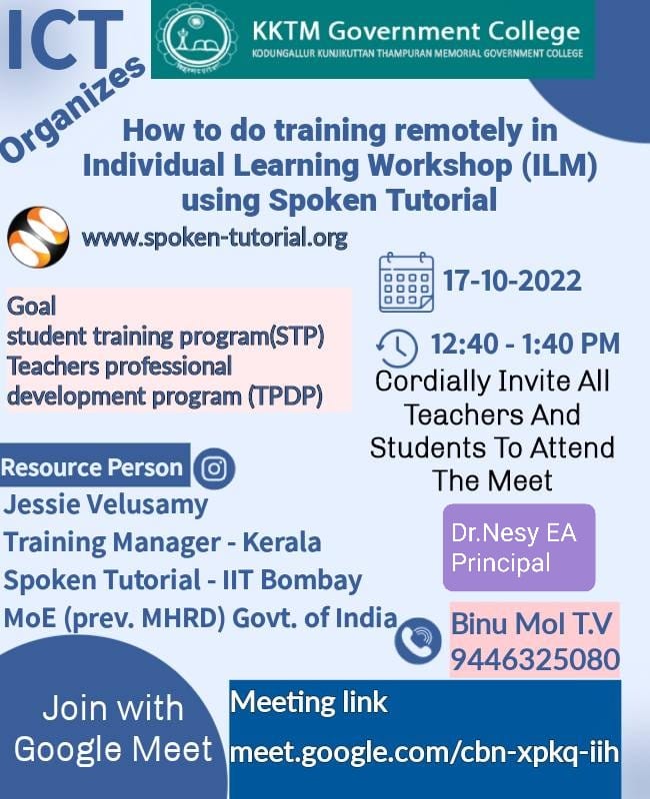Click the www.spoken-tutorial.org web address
(x=214, y=238)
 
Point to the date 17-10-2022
(x=511, y=281)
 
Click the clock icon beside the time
(x=397, y=347)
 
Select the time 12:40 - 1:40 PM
(x=525, y=345)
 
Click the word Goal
(x=32, y=307)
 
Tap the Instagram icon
(x=212, y=467)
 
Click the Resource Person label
(x=92, y=467)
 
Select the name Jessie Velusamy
(x=106, y=504)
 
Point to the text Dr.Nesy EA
(x=513, y=532)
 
